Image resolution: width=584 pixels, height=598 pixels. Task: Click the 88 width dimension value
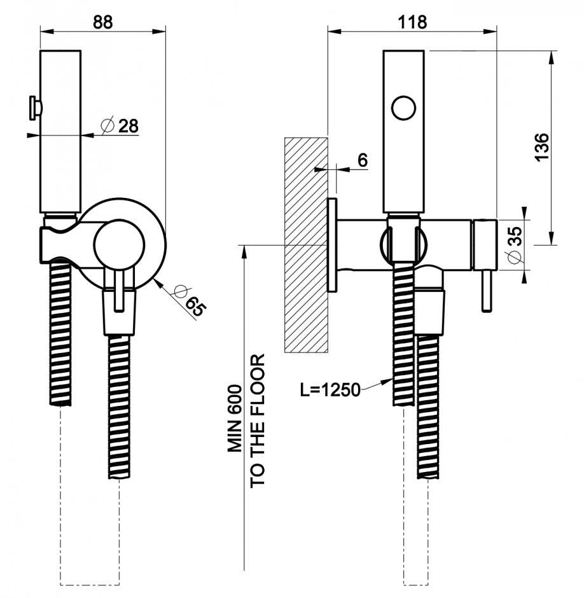[x=102, y=20]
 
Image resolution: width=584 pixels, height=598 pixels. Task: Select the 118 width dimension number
[x=413, y=20]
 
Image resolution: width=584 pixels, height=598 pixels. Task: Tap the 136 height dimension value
[x=541, y=147]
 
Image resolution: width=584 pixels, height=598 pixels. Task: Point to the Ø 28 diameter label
[x=120, y=125]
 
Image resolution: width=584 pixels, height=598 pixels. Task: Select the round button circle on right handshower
[x=403, y=108]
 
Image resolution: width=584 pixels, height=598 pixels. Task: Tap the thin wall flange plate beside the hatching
[x=331, y=245]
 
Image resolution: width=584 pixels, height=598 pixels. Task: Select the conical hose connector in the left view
[x=119, y=312]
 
